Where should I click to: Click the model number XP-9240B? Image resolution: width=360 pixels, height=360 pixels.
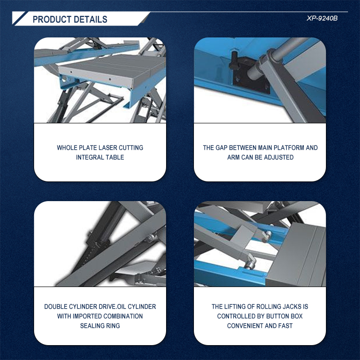point(322,18)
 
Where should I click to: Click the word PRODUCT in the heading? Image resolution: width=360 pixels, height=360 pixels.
point(52,20)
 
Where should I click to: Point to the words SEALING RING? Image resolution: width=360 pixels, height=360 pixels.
point(100,326)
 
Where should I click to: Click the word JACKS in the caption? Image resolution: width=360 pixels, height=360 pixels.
point(292,307)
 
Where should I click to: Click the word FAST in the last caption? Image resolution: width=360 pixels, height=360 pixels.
point(286,326)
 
